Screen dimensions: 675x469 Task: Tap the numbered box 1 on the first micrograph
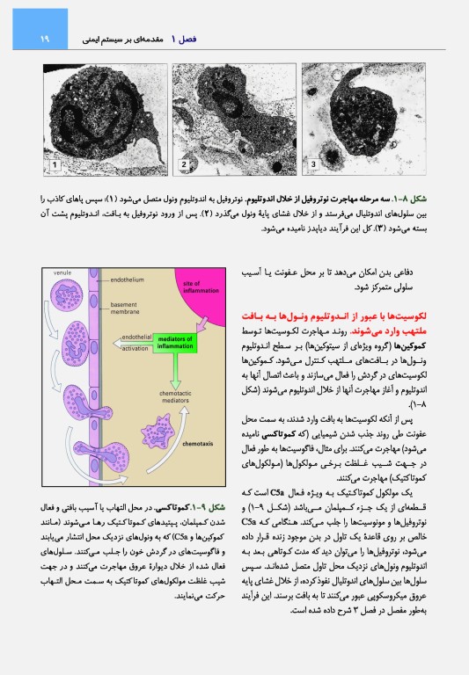(55, 164)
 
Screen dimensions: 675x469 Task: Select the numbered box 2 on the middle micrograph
(185, 164)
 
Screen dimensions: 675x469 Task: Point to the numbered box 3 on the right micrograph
(313, 163)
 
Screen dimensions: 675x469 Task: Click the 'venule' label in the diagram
(62, 273)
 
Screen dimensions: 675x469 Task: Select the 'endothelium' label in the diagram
(128, 279)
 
